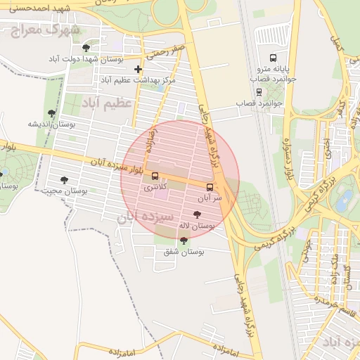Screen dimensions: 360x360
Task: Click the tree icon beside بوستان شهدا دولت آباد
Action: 86,48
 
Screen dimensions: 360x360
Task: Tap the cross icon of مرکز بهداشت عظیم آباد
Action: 138,69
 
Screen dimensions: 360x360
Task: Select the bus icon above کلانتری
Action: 155,176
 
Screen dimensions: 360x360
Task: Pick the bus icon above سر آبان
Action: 210,187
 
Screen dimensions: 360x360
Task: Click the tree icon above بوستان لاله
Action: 196,214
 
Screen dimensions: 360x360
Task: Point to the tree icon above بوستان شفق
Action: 184,240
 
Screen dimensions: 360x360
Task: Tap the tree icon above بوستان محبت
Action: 64,180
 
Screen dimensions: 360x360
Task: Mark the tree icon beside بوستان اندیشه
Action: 51,112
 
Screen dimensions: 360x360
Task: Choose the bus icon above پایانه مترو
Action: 272,58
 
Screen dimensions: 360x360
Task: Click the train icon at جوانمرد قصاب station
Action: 259,91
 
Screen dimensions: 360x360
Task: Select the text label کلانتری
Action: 155,188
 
